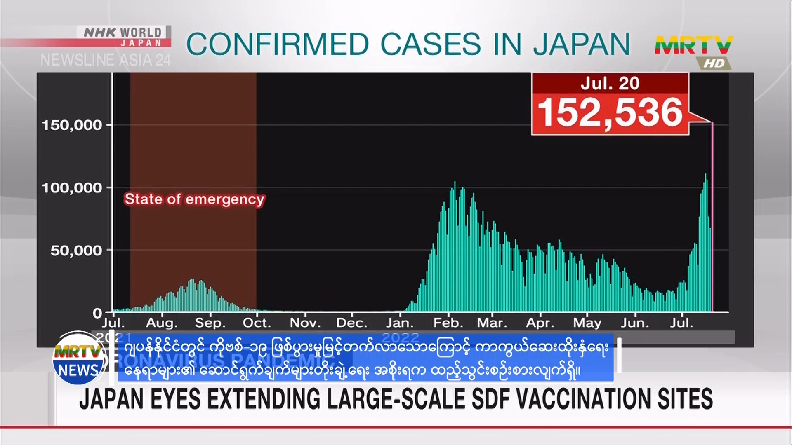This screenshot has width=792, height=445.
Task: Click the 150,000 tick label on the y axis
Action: (72, 125)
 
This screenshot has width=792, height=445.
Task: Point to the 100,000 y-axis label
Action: (72, 188)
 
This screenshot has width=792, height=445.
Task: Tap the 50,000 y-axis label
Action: (76, 251)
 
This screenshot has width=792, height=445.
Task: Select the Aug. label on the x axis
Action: (162, 323)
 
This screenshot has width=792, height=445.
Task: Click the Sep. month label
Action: (210, 323)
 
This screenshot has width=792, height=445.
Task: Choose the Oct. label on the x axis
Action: (257, 323)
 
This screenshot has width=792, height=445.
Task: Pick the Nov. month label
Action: (305, 323)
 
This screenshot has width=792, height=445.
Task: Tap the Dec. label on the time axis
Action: (352, 323)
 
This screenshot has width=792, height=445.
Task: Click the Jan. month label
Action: (400, 323)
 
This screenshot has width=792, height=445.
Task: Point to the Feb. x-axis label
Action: (448, 323)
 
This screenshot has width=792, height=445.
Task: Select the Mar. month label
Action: (493, 323)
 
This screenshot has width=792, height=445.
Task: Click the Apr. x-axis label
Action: (540, 323)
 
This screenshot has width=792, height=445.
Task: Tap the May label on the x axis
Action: (587, 323)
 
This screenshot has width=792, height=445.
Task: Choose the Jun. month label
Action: (635, 323)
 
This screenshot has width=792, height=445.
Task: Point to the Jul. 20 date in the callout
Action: (610, 84)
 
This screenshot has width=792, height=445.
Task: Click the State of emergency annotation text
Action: (194, 199)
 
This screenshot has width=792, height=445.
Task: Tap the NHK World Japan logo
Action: (124, 37)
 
